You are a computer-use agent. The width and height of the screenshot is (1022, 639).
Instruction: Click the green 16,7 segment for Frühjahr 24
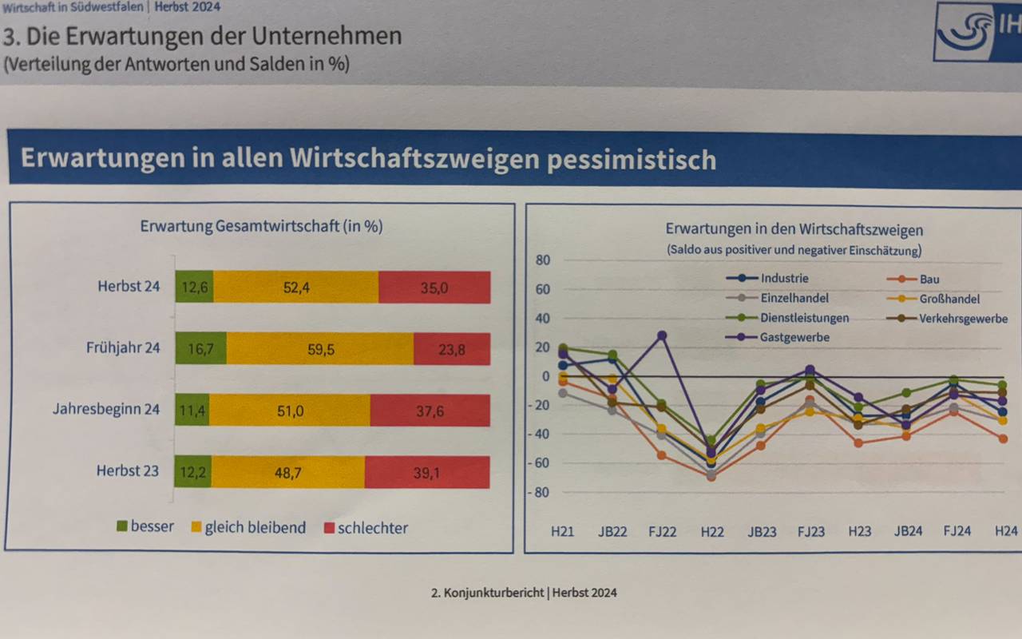[x=200, y=348]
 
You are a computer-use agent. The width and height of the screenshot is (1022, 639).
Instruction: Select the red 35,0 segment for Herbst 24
[x=434, y=288]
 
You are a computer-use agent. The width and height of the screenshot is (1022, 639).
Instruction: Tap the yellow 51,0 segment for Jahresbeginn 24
[x=289, y=410]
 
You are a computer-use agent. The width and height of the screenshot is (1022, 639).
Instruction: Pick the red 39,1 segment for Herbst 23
[x=426, y=473]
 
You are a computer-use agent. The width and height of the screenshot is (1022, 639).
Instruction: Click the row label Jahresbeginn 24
[x=106, y=409]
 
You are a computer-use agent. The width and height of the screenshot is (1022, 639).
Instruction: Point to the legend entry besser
[x=145, y=526]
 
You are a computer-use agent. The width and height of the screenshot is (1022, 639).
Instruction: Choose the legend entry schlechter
[x=366, y=528]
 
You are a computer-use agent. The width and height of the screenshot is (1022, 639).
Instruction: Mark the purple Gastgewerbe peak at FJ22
[x=662, y=335]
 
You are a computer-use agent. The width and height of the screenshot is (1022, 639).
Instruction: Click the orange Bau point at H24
[x=1003, y=439]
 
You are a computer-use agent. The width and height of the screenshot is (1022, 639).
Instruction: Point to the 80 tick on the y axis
[x=543, y=260]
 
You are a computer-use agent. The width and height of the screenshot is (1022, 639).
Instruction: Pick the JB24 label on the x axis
[x=908, y=530]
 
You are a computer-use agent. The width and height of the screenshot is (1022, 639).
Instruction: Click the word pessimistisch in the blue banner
[x=630, y=159]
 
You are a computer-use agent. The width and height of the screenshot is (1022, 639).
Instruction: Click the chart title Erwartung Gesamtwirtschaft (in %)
[x=261, y=226]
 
